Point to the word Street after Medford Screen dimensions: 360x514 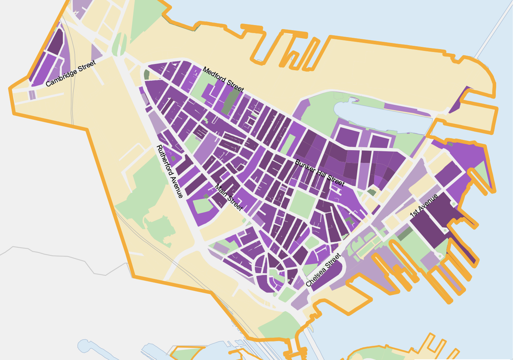(235, 86)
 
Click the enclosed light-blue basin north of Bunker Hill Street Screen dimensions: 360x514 (378, 116)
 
